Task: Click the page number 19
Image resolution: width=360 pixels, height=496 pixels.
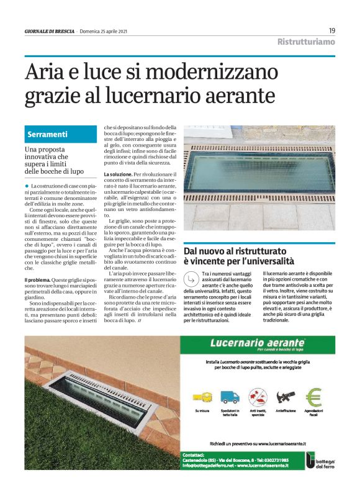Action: pyautogui.click(x=332, y=30)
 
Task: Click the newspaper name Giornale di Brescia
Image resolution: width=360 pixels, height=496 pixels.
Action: pyautogui.click(x=49, y=31)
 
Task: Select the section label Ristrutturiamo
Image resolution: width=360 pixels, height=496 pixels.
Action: pyautogui.click(x=306, y=42)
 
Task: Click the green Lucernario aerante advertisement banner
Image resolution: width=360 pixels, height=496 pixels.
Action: pyautogui.click(x=258, y=343)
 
